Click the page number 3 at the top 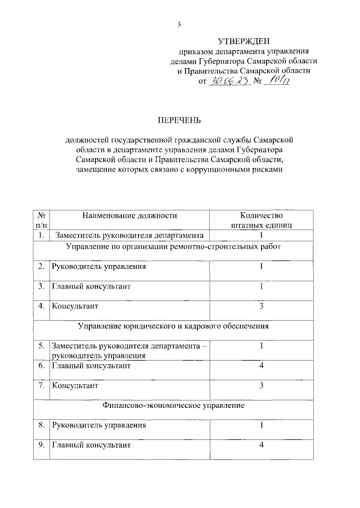(179, 24)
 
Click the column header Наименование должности (129, 215)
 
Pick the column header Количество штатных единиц (261, 219)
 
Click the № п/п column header (41, 219)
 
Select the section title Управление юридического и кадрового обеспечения (173, 325)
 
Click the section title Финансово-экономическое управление (173, 404)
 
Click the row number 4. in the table (41, 306)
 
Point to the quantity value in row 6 (262, 366)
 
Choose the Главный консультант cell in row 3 (91, 286)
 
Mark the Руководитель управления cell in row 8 (99, 425)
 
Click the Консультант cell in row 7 (75, 385)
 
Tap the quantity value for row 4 (262, 306)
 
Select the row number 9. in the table (41, 445)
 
